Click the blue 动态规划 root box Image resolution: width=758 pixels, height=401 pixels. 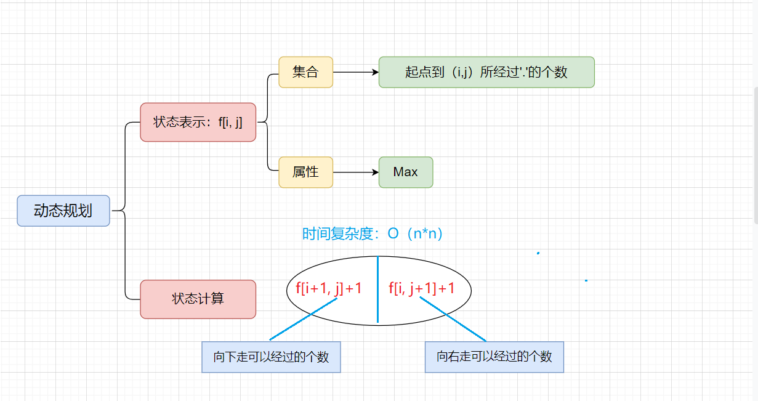[x=63, y=211]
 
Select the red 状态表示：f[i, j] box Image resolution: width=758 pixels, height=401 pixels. [x=198, y=122]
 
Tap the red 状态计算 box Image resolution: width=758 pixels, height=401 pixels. [x=198, y=299]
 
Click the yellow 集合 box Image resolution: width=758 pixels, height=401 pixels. [x=305, y=72]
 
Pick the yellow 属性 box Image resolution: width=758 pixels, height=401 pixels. [x=305, y=172]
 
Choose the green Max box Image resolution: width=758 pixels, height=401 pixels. [x=406, y=172]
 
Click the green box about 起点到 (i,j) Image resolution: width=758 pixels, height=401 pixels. [x=486, y=72]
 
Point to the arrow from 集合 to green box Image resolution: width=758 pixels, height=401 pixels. [x=355, y=72]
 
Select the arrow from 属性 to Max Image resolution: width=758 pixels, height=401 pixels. [x=355, y=172]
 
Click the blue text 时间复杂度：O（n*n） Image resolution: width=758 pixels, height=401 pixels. [x=373, y=234]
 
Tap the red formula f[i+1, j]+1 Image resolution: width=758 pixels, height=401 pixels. [x=328, y=288]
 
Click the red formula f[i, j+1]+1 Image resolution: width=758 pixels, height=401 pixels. [x=422, y=288]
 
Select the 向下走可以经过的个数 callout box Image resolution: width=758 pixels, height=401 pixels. [x=271, y=357]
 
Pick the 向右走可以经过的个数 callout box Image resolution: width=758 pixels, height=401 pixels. [x=494, y=357]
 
